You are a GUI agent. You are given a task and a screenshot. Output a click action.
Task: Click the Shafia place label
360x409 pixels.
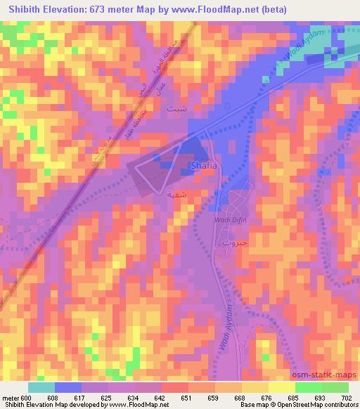[x=203, y=166]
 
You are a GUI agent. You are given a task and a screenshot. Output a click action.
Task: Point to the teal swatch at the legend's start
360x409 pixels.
[x=41, y=388]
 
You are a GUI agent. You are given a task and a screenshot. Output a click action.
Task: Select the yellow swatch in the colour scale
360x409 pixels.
[x=282, y=388]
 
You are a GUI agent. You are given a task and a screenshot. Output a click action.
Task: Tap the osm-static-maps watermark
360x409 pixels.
[x=324, y=376]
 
